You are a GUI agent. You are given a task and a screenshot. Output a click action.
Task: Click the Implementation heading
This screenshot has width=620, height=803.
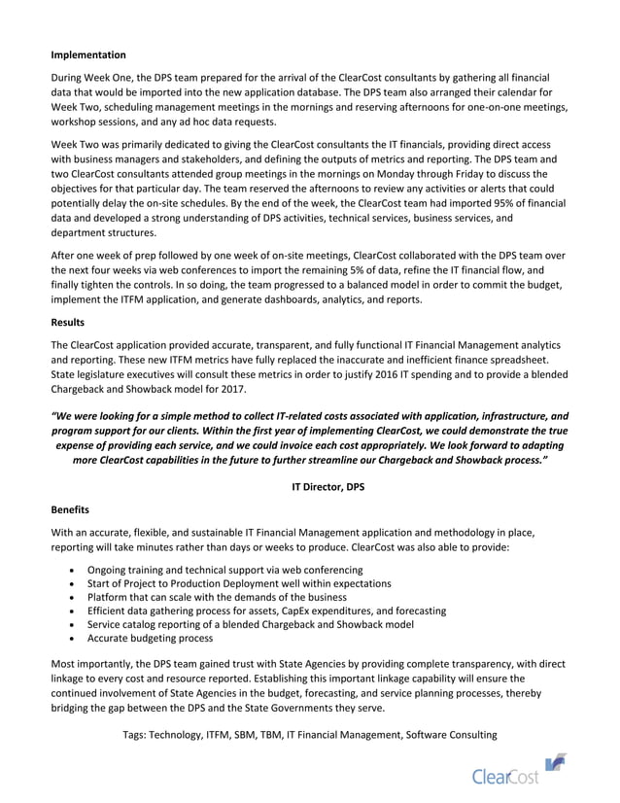[88, 54]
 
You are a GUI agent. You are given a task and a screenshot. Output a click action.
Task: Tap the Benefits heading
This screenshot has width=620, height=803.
[72, 507]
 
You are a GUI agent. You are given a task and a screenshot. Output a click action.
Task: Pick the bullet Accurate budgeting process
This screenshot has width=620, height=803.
[150, 639]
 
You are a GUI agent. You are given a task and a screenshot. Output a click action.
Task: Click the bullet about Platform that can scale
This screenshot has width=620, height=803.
[217, 597]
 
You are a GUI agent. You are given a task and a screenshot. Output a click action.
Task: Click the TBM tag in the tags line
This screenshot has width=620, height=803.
[278, 735]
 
